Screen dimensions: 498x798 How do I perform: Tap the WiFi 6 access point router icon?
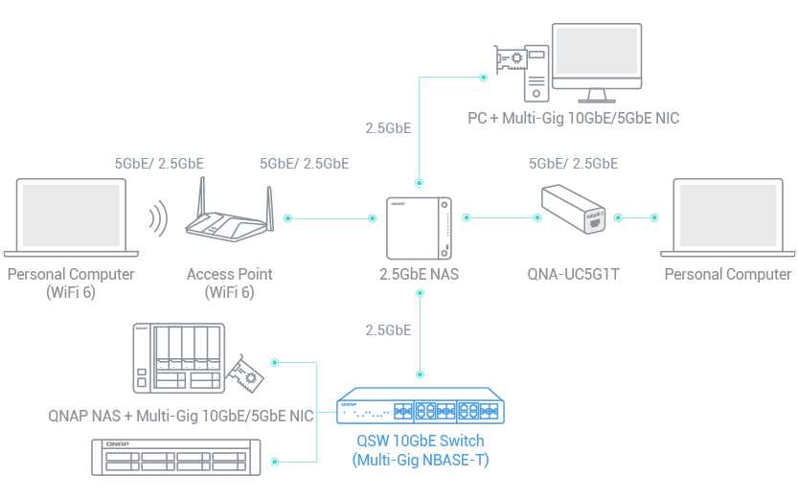pyautogui.click(x=229, y=218)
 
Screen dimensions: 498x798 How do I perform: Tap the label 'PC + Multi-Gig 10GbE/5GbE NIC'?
pyautogui.click(x=574, y=119)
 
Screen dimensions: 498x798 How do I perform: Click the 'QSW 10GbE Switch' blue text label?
pyautogui.click(x=420, y=441)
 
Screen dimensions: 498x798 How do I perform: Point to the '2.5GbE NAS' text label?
pyautogui.click(x=419, y=275)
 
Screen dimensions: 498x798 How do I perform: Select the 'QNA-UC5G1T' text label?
pyautogui.click(x=574, y=275)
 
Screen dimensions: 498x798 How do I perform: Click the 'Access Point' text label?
pyautogui.click(x=229, y=275)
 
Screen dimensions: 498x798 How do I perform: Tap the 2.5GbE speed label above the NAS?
pyautogui.click(x=388, y=126)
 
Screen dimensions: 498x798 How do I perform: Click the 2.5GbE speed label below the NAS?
pyautogui.click(x=388, y=330)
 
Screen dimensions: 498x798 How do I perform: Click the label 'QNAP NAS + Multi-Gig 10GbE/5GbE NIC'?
pyautogui.click(x=181, y=417)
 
